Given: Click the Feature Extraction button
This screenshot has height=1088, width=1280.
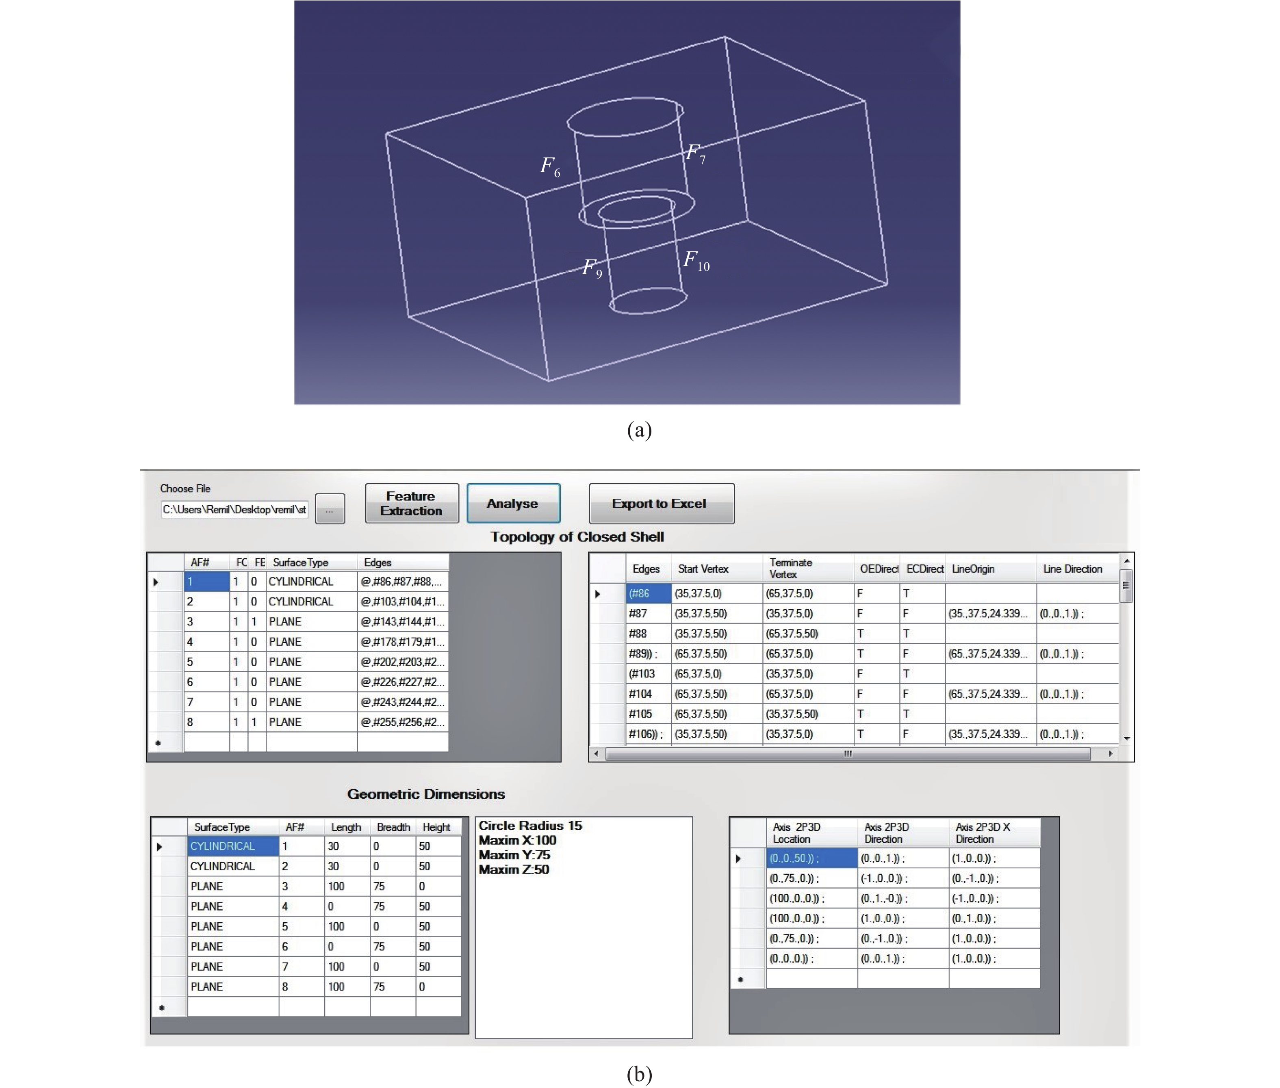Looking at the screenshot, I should [x=412, y=503].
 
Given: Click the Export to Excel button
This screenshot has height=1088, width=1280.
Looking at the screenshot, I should [x=661, y=503].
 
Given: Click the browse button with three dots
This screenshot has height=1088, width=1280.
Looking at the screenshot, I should [x=330, y=509].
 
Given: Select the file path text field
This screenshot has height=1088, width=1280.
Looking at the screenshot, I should [x=234, y=509].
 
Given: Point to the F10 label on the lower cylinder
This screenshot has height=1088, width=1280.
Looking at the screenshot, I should [x=696, y=260].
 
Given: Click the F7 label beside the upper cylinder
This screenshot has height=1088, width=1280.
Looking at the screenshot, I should [x=695, y=153].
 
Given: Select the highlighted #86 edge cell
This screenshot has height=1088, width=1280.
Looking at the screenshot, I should [x=648, y=593].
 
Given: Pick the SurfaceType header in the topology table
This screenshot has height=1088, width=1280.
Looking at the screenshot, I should [x=301, y=562].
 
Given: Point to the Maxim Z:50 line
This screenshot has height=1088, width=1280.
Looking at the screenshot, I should [x=514, y=869].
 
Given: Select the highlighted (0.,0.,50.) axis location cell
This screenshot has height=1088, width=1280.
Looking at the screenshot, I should [x=811, y=858].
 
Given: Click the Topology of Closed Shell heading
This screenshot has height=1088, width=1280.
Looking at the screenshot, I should [x=577, y=536].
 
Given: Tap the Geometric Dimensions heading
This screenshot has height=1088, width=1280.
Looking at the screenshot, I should [x=426, y=794].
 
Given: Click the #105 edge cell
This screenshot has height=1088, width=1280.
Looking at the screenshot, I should [x=648, y=714].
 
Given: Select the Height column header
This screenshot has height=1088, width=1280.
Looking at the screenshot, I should [x=436, y=827].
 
